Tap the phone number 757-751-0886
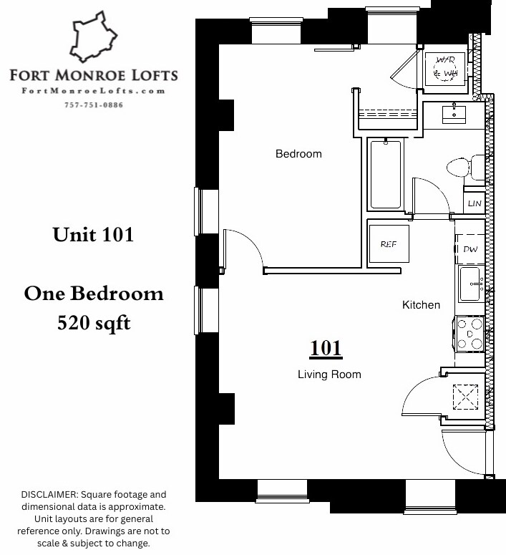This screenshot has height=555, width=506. point(94,105)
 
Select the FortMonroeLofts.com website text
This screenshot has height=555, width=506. point(94,91)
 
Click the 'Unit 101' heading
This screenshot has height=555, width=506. point(93,235)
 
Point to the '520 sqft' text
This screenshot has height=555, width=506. point(94,324)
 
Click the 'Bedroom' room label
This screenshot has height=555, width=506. point(298,154)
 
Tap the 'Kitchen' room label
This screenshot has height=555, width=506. point(421,305)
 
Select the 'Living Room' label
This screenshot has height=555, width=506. point(329,375)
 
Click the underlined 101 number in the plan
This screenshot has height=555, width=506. point(326,349)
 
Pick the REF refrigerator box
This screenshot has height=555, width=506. point(388,244)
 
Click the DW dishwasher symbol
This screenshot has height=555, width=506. point(470,249)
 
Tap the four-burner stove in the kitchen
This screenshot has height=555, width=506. point(470,334)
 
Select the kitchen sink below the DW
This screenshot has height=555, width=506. point(471,284)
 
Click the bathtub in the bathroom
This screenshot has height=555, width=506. point(386,174)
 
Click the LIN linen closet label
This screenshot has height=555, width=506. point(474,203)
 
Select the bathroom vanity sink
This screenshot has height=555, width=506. point(454,114)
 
